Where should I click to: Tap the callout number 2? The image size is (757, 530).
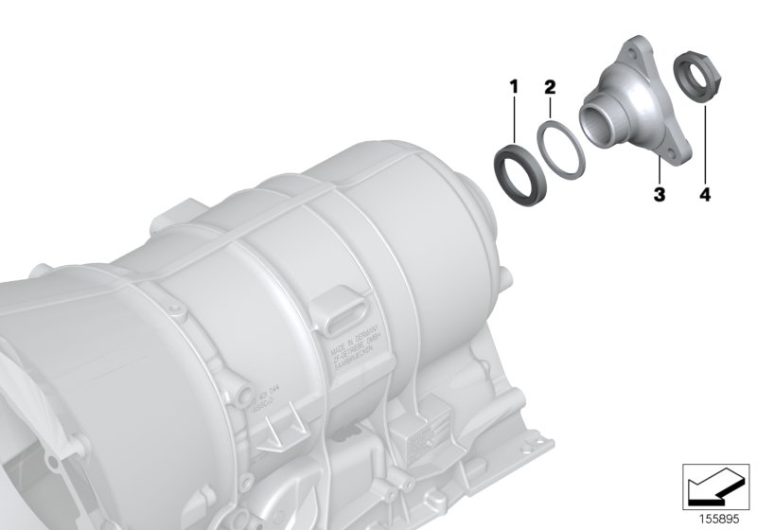pyautogui.click(x=550, y=88)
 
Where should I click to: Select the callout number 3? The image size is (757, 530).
pyautogui.click(x=659, y=195)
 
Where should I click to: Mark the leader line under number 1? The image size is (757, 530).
pyautogui.click(x=516, y=118)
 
